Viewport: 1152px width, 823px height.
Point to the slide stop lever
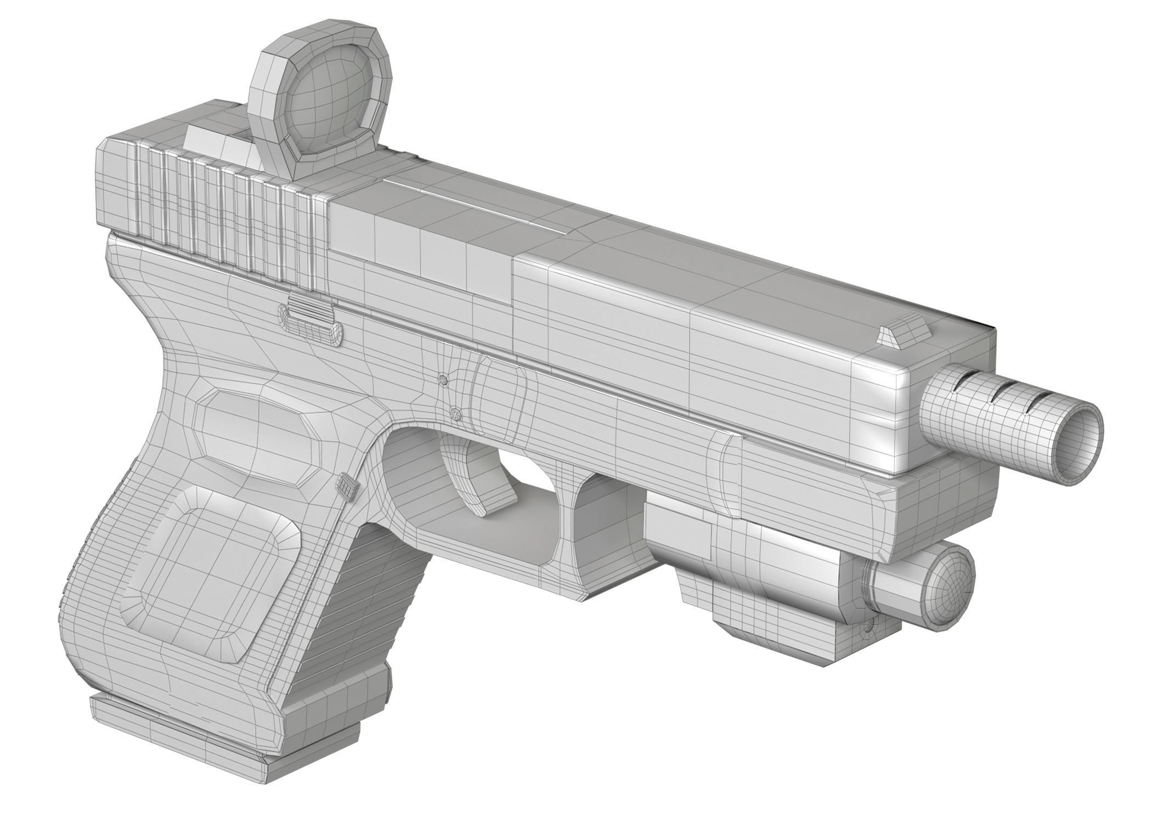point(310,319)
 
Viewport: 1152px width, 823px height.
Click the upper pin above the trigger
point(443,379)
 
